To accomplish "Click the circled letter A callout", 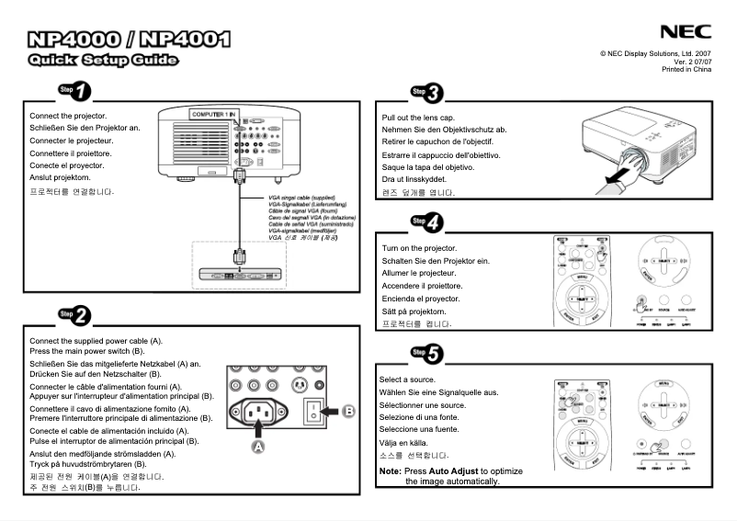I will pyautogui.click(x=258, y=445).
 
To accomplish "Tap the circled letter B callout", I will pyautogui.click(x=348, y=412).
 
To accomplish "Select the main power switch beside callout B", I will pyautogui.click(x=315, y=412).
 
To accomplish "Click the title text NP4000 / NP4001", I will pyautogui.click(x=129, y=40).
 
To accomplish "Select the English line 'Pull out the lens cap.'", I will pyautogui.click(x=418, y=119).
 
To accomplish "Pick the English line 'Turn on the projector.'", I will pyautogui.click(x=419, y=248).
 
